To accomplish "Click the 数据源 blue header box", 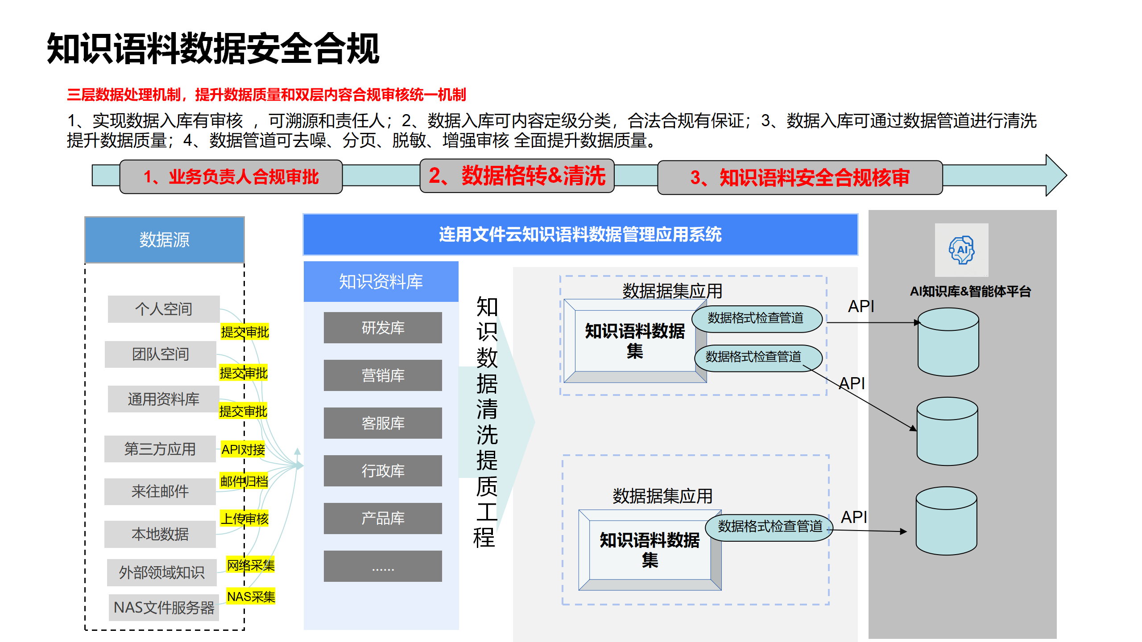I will tap(164, 240).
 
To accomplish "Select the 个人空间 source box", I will tap(164, 309).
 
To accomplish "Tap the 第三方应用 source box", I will tap(160, 449).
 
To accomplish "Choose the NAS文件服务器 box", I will tap(164, 607).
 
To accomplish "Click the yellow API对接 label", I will tap(243, 449).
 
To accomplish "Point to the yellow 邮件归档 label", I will tap(244, 481).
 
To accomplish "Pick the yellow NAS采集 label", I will tap(251, 597).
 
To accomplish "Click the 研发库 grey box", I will tap(383, 328).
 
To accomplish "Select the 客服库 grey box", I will tap(383, 423).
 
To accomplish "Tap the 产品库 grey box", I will tap(383, 519).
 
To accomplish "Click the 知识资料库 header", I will tap(381, 281).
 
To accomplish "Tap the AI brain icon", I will tap(961, 250).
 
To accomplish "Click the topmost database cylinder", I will tap(948, 342).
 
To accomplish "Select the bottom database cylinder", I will tap(946, 521).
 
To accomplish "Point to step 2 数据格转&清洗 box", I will tap(517, 176).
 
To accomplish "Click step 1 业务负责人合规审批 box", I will tap(231, 177).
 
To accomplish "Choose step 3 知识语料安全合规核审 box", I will tap(800, 177).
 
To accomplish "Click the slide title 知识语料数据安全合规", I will tap(213, 49).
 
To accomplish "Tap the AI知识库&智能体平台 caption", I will tap(970, 292).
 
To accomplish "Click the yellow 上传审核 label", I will tap(244, 519).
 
